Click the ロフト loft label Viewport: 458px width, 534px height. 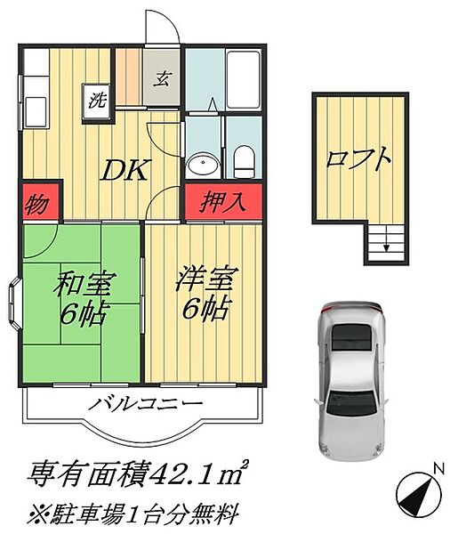point(358,160)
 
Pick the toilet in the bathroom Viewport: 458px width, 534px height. point(244,161)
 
